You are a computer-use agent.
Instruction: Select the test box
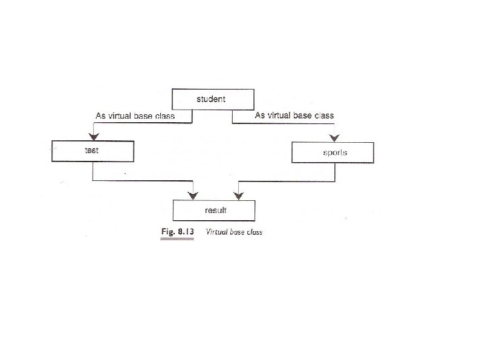[x=92, y=151]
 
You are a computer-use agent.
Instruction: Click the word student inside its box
[x=211, y=99]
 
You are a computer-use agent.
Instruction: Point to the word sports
[x=335, y=152]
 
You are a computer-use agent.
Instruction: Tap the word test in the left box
[x=92, y=150]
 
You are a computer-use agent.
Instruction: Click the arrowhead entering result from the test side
[x=193, y=195]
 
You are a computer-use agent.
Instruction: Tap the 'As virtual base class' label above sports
[x=294, y=115]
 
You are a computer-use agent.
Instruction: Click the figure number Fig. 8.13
[x=177, y=232]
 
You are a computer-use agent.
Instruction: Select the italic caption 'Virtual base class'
[x=234, y=232]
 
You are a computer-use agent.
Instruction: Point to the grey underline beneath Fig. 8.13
[x=177, y=240]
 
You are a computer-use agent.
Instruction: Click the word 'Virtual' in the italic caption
[x=216, y=232]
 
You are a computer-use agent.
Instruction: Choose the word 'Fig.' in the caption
[x=167, y=232]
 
